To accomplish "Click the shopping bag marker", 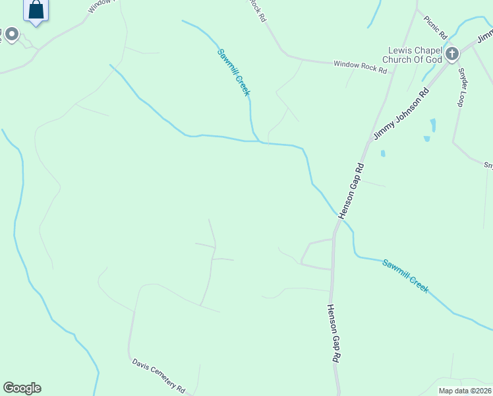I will [36, 10].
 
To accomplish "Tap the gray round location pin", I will [13, 34].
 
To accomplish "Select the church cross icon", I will [452, 53].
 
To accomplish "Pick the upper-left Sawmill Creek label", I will [233, 72].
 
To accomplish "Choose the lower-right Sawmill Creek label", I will [405, 275].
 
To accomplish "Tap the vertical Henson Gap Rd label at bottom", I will [334, 333].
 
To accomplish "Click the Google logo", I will [22, 388].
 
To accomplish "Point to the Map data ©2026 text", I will [465, 391].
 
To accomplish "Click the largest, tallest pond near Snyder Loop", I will [433, 125].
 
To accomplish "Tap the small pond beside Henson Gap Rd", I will [383, 154].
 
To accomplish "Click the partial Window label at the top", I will [100, 3].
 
